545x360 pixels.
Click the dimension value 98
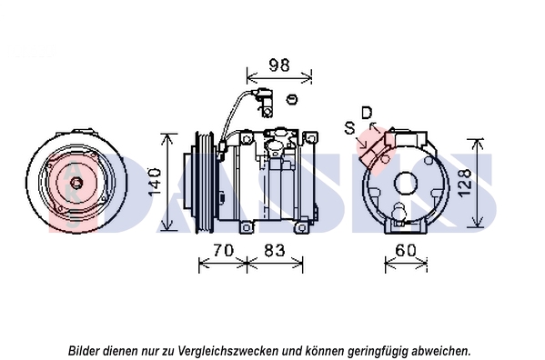point(279,65)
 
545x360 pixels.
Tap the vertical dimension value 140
point(155,182)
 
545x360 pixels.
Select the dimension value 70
point(224,250)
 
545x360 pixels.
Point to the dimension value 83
point(274,250)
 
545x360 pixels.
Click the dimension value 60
point(405,250)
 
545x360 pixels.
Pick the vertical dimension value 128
point(465,183)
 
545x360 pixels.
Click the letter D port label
point(367,113)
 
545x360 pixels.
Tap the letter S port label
point(350,128)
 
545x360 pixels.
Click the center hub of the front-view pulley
point(76,183)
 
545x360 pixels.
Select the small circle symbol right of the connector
point(292,99)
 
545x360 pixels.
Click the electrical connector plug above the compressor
point(266,103)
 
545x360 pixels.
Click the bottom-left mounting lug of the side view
point(246,228)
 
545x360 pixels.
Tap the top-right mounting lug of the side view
point(310,138)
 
